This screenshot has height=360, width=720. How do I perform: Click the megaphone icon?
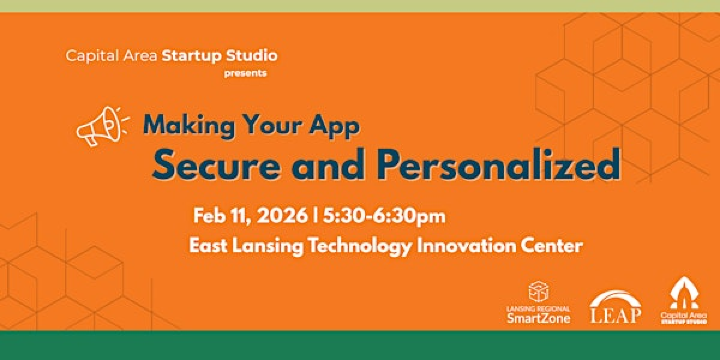point(104,126)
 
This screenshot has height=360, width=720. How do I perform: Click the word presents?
point(246,73)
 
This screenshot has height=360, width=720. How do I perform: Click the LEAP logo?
point(615,308)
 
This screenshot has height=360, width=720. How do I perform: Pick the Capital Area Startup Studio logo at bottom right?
point(683,301)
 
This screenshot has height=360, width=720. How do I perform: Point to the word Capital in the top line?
point(89,56)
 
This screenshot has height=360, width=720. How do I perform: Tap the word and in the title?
point(323,165)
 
